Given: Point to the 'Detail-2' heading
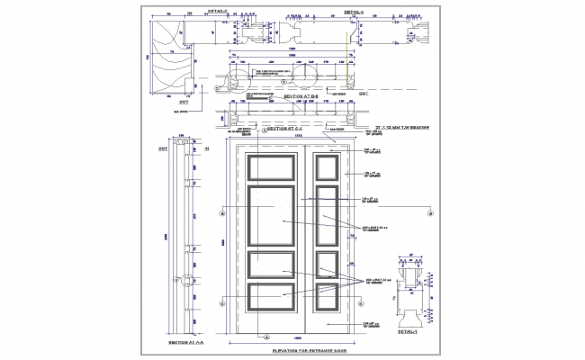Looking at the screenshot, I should (x=219, y=13).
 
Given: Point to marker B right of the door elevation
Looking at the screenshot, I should (x=431, y=212).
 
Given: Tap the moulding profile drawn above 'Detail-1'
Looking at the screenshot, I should (x=410, y=293).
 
